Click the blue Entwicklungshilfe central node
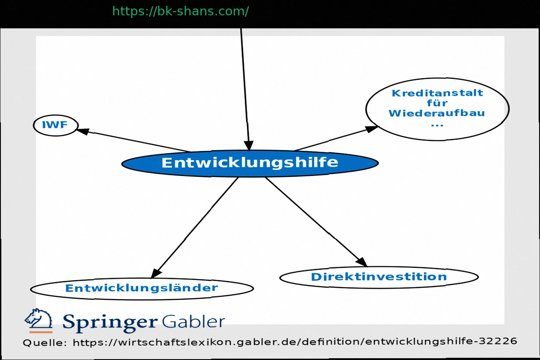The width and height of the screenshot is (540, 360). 250,163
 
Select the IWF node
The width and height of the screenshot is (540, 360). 55,125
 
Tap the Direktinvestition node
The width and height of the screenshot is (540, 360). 379,277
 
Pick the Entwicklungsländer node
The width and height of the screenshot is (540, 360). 142,288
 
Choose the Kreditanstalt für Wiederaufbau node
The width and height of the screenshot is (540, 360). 437,108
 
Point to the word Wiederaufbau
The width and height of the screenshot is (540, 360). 436,113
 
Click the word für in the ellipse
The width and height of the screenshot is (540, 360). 437,103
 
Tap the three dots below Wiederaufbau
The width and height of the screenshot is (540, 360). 437,124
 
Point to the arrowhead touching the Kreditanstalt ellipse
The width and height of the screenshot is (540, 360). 372,129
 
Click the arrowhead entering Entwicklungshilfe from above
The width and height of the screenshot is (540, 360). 249,145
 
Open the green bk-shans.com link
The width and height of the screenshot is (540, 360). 180,11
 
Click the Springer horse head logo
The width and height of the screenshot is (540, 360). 38,320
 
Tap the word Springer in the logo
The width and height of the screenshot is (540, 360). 110,322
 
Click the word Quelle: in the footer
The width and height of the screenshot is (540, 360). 45,342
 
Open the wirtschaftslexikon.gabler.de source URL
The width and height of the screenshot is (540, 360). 295,342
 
